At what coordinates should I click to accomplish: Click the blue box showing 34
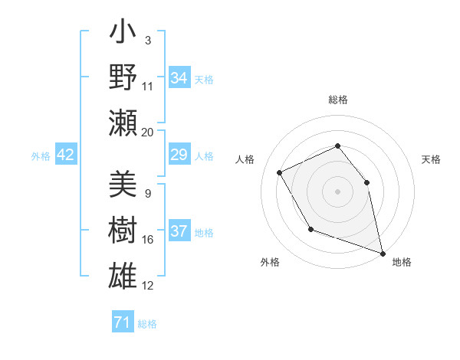(179, 78)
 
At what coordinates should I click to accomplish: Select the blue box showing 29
(179, 155)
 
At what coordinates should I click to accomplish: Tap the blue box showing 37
(179, 231)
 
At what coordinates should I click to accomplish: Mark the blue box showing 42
(65, 155)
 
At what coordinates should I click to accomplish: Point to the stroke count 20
(148, 132)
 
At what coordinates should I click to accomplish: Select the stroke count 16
(148, 240)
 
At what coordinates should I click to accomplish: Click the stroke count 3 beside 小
(148, 40)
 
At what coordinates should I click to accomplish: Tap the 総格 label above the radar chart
(337, 100)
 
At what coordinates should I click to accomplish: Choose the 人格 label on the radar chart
(245, 159)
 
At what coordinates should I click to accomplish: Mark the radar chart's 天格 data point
(366, 182)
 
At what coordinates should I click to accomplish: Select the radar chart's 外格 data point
(310, 229)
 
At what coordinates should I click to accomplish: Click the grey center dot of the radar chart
(337, 191)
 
